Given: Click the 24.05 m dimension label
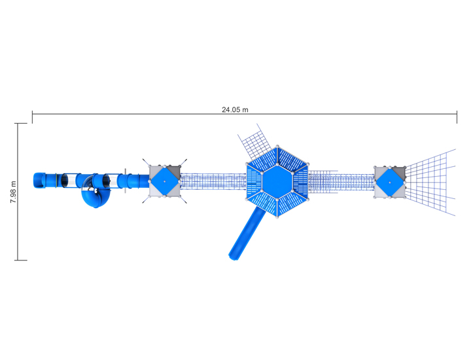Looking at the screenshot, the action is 235,110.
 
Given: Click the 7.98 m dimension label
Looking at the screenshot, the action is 14,192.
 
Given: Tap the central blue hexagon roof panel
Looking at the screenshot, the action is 277,182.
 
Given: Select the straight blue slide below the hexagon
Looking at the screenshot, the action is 246,233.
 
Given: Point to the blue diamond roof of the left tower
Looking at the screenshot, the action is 164,181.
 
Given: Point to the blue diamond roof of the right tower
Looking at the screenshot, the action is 390,182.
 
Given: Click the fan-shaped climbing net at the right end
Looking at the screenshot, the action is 431,182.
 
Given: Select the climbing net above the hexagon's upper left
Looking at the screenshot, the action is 255,143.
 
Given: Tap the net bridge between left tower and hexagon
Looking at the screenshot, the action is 213,181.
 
